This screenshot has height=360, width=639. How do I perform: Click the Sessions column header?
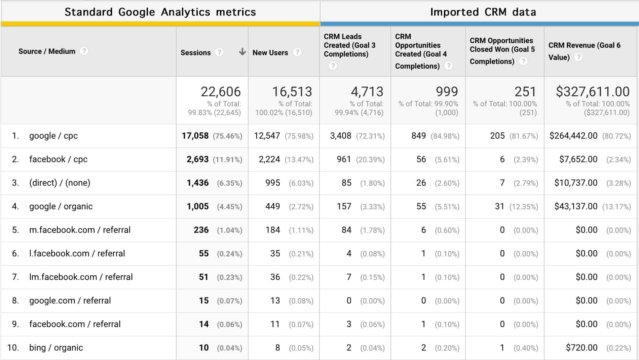[x=195, y=52]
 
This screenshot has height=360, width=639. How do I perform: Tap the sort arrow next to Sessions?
[x=242, y=52]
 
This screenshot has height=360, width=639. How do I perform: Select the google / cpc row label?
[x=53, y=136]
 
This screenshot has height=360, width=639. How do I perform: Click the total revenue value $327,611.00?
[x=593, y=92]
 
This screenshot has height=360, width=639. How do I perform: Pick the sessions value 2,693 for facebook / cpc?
[x=197, y=159]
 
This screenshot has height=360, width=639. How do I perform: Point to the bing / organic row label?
[x=56, y=348]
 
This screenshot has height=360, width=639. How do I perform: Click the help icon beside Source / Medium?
[x=84, y=51]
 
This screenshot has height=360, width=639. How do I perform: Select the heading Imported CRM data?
[x=483, y=12]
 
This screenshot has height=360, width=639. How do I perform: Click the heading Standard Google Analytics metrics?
[x=160, y=12]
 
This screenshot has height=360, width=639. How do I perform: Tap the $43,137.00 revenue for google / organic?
[x=576, y=206]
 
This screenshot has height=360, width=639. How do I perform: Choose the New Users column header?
[x=270, y=52]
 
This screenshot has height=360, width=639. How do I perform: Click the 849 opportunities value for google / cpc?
[x=418, y=136]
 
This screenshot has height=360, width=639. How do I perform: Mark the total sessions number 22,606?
[x=221, y=92]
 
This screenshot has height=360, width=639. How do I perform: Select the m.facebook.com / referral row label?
[x=80, y=230]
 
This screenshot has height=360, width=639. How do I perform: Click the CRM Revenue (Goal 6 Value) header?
[x=584, y=51]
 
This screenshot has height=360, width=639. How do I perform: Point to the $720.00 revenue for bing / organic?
[x=581, y=348]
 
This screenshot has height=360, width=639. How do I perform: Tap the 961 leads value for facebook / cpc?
[x=344, y=159]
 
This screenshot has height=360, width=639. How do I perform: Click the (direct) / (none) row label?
[x=60, y=183]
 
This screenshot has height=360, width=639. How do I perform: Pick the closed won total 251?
[x=525, y=92]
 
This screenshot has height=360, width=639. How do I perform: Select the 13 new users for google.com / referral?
[x=275, y=300]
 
